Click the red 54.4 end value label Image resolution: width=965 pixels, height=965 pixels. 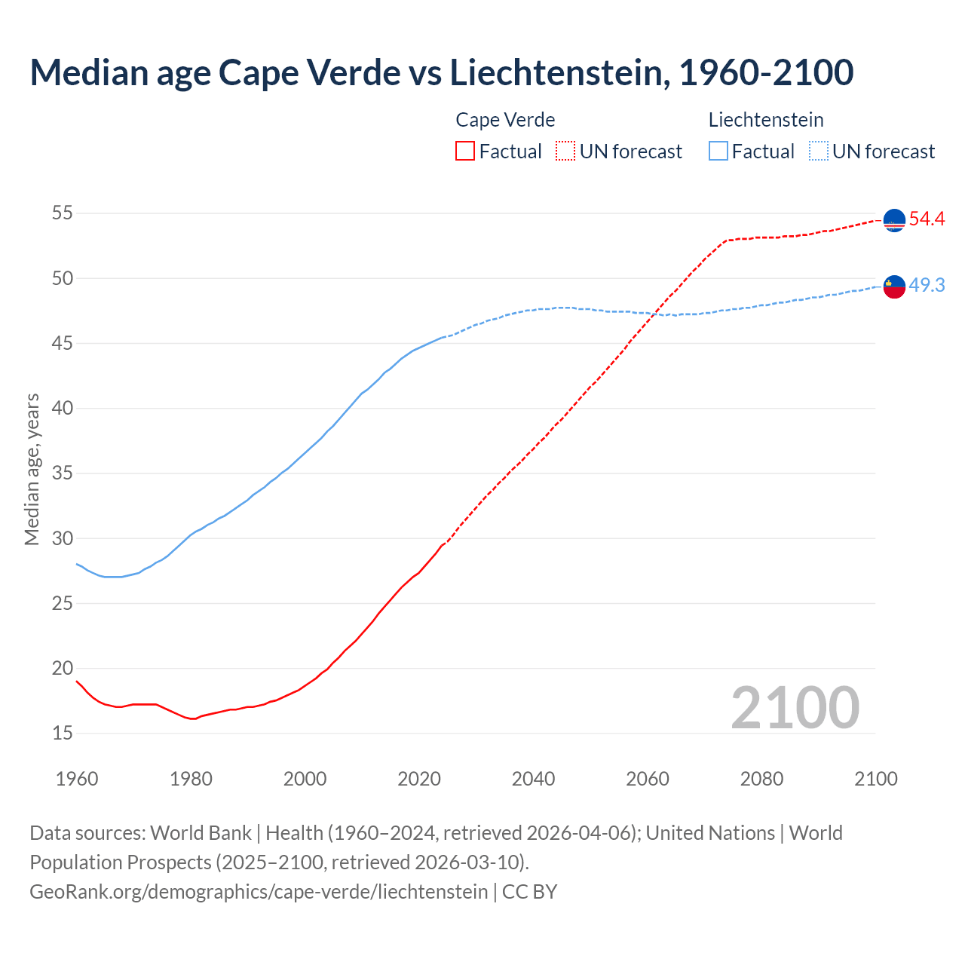(927, 219)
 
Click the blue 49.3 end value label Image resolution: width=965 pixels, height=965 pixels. (927, 286)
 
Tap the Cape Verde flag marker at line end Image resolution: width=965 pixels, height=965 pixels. (894, 220)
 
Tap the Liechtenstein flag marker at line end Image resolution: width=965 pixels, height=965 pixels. (894, 286)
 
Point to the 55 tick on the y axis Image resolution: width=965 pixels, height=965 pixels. (63, 213)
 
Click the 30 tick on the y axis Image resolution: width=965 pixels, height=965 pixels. (63, 538)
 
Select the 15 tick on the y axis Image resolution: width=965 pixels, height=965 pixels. (63, 733)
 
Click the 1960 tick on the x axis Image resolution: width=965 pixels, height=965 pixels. (77, 779)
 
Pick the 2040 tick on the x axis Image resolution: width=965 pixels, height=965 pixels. (533, 779)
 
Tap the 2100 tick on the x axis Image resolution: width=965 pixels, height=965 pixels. (875, 779)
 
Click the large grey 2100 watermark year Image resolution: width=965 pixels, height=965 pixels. (795, 708)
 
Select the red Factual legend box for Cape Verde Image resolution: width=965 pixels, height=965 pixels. (465, 152)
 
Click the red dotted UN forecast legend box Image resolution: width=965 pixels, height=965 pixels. (565, 152)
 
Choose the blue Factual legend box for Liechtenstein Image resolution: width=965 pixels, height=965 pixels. (718, 152)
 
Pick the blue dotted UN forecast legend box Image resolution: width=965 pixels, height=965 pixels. (819, 152)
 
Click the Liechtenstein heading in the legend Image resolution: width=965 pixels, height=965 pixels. (765, 120)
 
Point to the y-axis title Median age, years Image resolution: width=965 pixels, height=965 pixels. (32, 469)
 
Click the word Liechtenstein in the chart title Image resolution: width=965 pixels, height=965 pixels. (557, 72)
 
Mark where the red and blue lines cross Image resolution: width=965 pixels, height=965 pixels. (654, 314)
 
